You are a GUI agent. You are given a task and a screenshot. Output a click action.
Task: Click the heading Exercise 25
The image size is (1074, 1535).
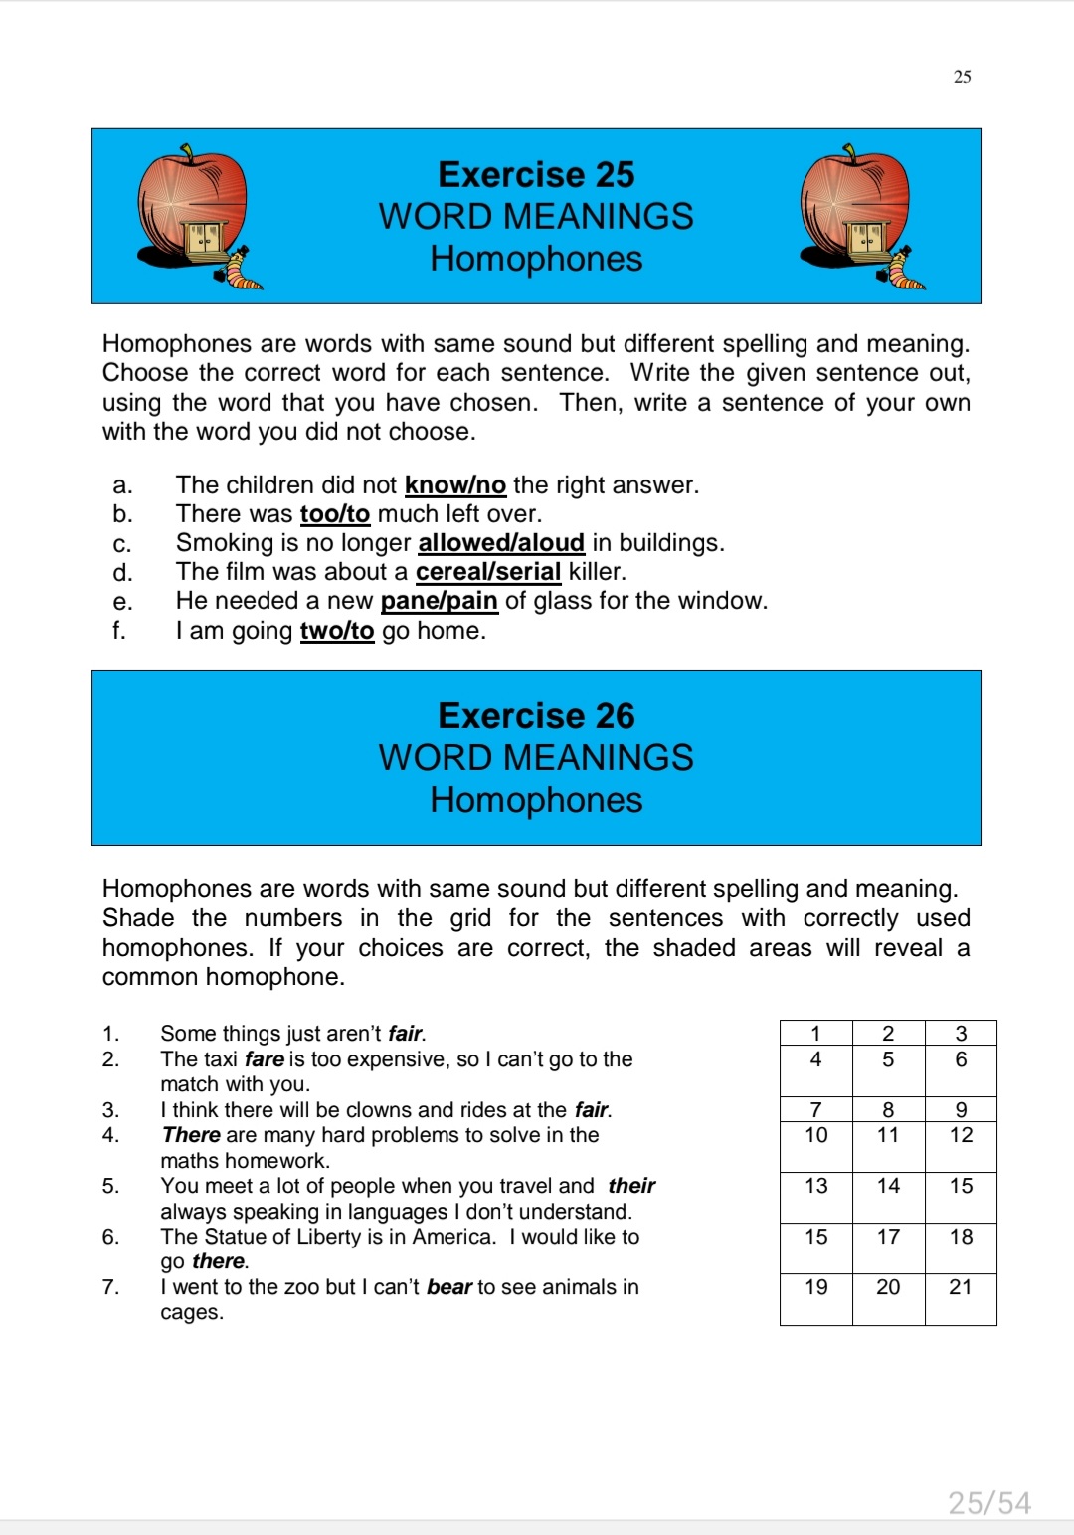click(536, 175)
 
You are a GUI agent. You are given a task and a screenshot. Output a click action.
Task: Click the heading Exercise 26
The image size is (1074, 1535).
click(536, 716)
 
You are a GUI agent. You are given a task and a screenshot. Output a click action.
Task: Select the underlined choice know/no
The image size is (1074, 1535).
click(455, 485)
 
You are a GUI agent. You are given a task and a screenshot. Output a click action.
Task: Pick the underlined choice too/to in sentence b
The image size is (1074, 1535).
click(335, 514)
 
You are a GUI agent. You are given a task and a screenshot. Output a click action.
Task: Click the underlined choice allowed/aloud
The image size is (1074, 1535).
click(501, 543)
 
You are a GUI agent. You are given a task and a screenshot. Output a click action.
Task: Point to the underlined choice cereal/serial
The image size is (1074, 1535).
click(488, 572)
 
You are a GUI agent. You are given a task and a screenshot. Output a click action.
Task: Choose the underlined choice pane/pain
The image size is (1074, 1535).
click(440, 601)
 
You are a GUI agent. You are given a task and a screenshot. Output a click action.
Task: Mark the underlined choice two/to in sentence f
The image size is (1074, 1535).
click(337, 631)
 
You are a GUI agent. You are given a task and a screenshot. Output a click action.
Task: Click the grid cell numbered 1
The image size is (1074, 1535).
click(816, 1034)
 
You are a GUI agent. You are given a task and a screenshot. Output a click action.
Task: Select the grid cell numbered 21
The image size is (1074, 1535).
click(961, 1288)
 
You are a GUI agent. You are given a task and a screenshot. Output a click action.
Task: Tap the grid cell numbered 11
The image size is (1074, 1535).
click(888, 1136)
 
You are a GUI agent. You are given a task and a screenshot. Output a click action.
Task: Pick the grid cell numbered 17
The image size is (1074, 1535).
click(888, 1238)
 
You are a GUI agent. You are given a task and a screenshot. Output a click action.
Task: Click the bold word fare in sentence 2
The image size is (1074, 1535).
click(265, 1059)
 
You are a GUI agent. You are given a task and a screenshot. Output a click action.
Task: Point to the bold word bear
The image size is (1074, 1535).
click(449, 1287)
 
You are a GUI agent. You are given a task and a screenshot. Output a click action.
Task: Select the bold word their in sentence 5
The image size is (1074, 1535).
click(632, 1186)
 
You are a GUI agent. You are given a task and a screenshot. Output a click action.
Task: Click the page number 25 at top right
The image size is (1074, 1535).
click(963, 77)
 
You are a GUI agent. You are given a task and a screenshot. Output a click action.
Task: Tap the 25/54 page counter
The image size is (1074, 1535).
click(989, 1502)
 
